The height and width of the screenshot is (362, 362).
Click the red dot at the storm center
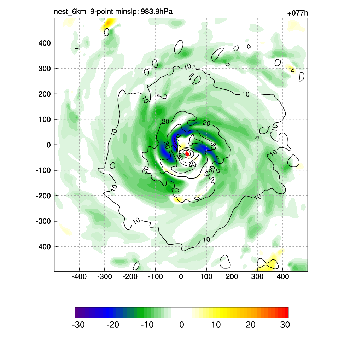(x=187, y=154)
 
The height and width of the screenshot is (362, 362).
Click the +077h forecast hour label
(x=298, y=13)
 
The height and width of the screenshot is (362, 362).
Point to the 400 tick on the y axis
(x=45, y=43)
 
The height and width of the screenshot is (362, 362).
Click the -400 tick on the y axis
(x=43, y=246)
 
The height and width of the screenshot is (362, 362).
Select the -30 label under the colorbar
(x=78, y=325)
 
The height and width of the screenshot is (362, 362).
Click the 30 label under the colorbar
(x=285, y=325)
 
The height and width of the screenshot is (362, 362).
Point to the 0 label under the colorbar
(x=181, y=325)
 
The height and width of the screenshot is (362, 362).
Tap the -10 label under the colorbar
(x=147, y=325)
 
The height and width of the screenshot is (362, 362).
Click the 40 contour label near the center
(x=192, y=165)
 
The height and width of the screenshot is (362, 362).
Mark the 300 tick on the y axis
(x=45, y=69)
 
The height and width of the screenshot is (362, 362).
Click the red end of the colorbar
(x=286, y=313)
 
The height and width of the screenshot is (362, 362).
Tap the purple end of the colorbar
(x=77, y=313)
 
